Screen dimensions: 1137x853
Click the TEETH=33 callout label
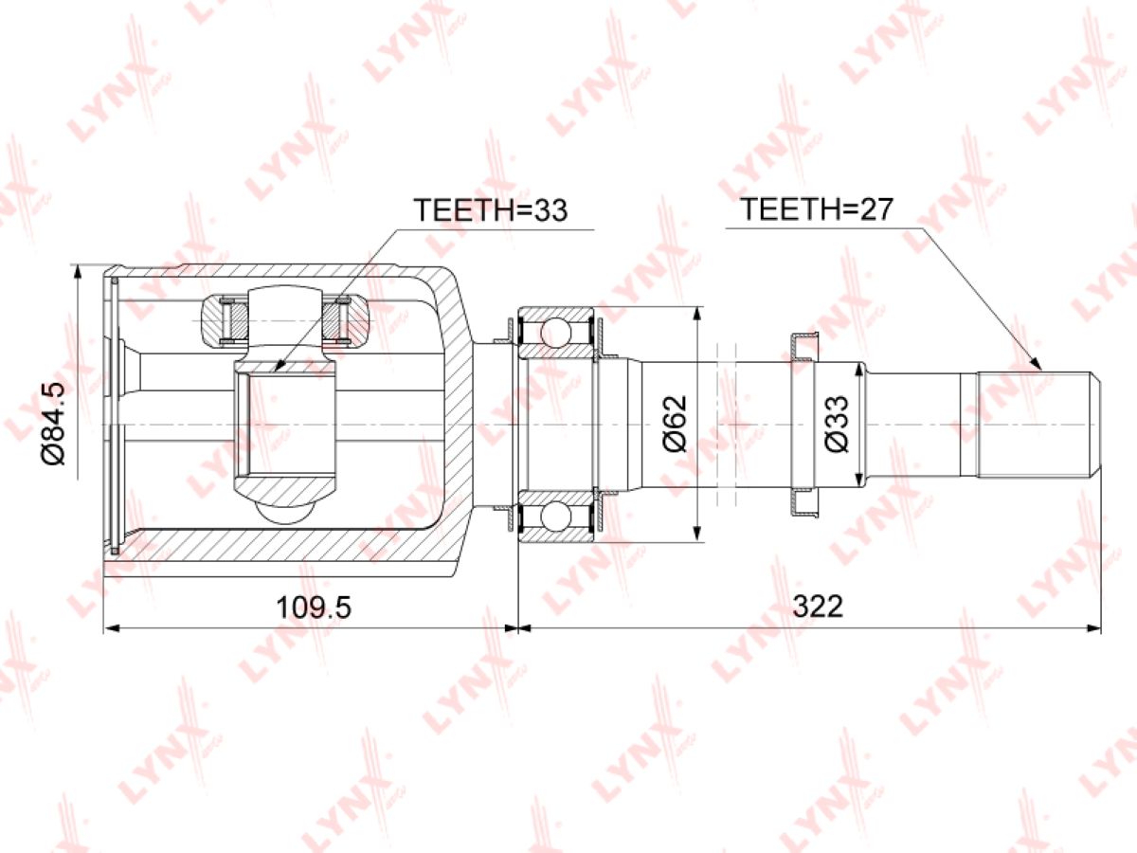click(490, 209)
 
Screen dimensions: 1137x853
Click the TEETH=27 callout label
click(818, 209)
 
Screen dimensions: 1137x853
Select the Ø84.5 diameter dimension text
click(53, 423)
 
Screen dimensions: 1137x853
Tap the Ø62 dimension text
click(675, 423)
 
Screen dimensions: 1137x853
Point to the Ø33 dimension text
click(837, 423)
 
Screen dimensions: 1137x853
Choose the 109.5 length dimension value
click(314, 607)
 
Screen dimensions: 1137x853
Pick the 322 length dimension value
click(818, 606)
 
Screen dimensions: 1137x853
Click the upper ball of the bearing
click(556, 331)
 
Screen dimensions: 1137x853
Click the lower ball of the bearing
click(556, 517)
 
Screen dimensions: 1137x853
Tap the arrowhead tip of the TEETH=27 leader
click(1041, 371)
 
